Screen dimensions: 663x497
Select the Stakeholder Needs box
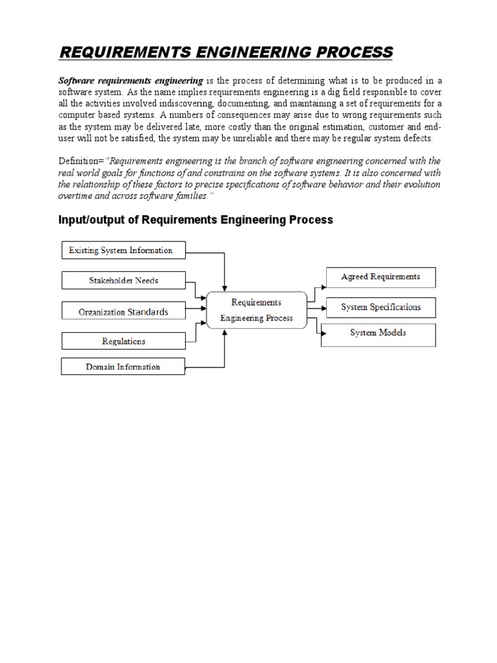[x=123, y=280]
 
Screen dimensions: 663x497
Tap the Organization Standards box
[x=123, y=311]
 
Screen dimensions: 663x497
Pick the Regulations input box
[x=123, y=341]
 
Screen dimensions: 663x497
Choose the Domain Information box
[x=123, y=367]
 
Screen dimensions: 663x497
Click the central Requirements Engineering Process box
[x=256, y=310]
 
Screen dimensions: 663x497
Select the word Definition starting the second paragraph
[x=80, y=161]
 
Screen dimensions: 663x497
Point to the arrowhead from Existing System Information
[x=225, y=287]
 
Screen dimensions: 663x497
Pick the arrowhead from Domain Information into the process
[x=225, y=331]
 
